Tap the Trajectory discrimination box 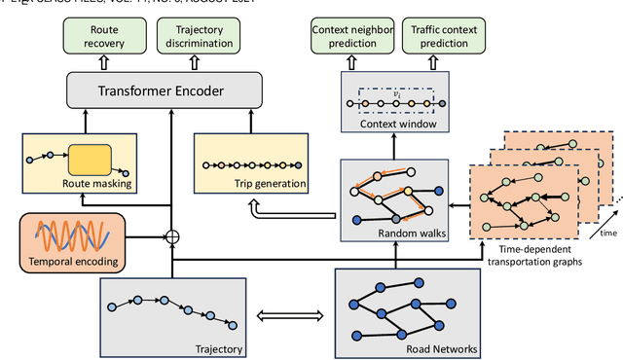[x=199, y=37]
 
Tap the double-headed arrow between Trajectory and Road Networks [x=289, y=315]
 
